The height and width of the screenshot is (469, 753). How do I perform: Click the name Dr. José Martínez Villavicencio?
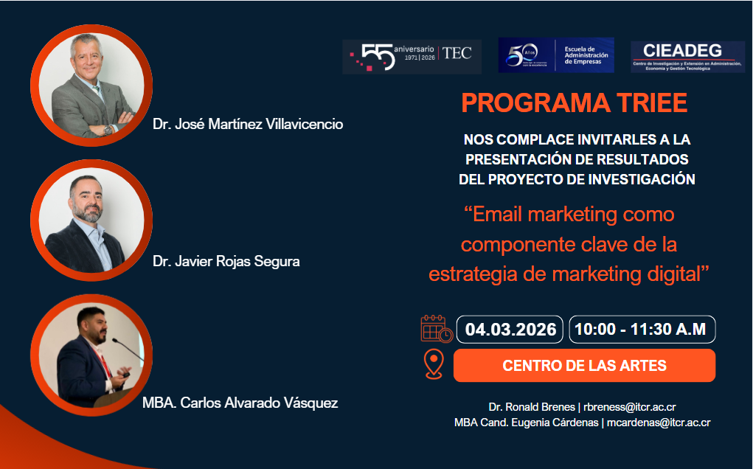pyautogui.click(x=248, y=124)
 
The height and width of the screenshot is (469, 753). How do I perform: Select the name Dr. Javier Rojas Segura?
pyautogui.click(x=226, y=261)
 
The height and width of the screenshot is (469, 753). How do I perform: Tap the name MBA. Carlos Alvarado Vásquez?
pyautogui.click(x=240, y=403)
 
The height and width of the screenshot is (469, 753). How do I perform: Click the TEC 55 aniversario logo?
pyautogui.click(x=412, y=56)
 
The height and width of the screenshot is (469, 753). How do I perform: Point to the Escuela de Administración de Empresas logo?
pyautogui.click(x=556, y=55)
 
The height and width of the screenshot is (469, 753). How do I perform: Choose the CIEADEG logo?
pyautogui.click(x=687, y=56)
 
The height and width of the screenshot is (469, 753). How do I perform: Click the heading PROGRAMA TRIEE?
pyautogui.click(x=575, y=103)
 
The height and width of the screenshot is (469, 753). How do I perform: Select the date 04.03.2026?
pyautogui.click(x=510, y=330)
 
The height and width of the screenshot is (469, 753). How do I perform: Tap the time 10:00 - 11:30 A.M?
pyautogui.click(x=642, y=330)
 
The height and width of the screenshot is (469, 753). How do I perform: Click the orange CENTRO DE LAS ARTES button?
pyautogui.click(x=584, y=366)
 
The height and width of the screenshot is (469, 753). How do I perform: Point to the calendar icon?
pyautogui.click(x=435, y=329)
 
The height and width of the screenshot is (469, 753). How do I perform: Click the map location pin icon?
pyautogui.click(x=434, y=364)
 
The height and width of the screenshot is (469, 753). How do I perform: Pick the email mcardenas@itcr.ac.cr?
pyautogui.click(x=659, y=423)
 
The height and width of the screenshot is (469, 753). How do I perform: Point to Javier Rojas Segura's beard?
pyautogui.click(x=87, y=213)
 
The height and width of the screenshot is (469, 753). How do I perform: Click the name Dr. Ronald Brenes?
pyautogui.click(x=532, y=406)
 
